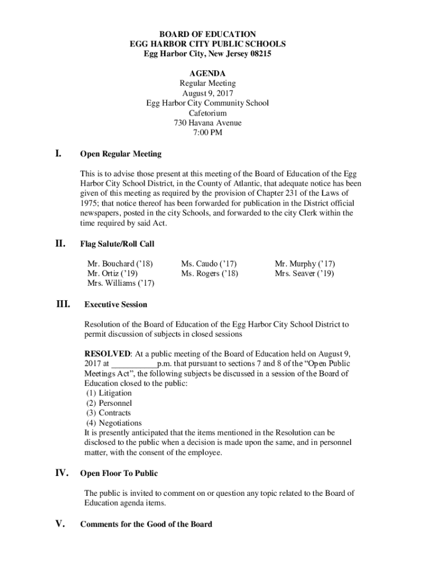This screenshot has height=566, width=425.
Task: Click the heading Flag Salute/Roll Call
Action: tap(117, 244)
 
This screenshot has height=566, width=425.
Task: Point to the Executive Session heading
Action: tap(115, 305)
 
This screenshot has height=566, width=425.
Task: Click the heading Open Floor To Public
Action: tap(119, 473)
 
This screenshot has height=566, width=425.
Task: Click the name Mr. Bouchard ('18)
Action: tap(120, 264)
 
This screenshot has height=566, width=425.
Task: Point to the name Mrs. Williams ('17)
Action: tap(121, 284)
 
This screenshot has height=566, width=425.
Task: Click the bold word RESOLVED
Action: tap(107, 353)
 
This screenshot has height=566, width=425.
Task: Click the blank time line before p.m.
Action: tap(134, 364)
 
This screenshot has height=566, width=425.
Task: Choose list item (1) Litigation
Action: tap(109, 393)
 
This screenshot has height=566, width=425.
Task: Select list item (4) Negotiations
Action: tap(114, 423)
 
